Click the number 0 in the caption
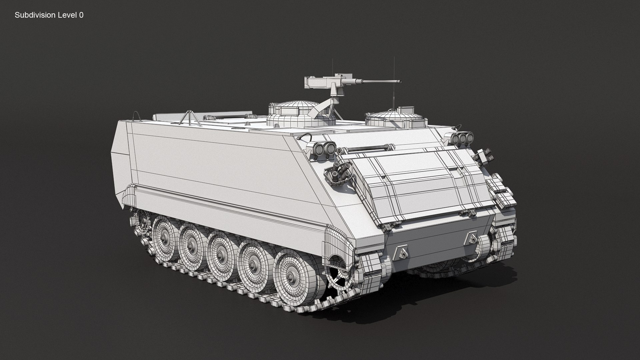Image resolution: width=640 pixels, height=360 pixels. (x=81, y=15)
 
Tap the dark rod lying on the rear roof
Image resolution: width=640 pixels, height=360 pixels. (x=227, y=117)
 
